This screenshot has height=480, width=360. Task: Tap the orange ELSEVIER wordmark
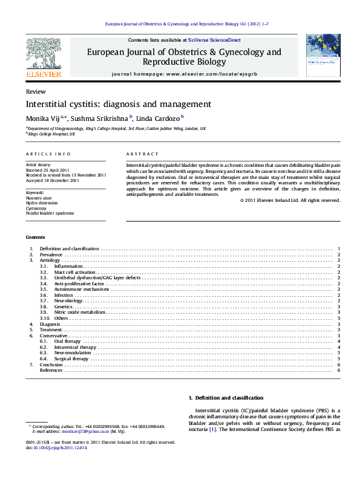coord(44,74)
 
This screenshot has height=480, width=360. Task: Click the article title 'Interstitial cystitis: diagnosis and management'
coord(118,104)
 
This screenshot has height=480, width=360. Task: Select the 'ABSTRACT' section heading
coord(142,155)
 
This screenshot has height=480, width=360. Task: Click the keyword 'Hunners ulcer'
coord(39,198)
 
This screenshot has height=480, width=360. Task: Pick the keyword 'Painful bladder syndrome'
coord(50,213)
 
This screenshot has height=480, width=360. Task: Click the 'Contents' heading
coord(35,237)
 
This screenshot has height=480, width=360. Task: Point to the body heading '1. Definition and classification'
coord(226,398)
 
